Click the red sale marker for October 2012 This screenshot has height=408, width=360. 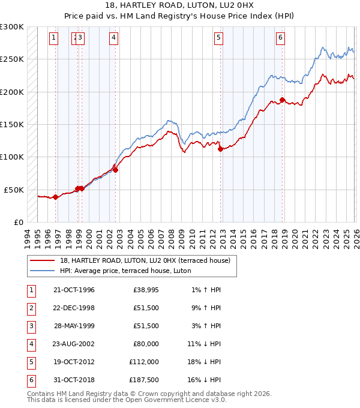tap(221, 149)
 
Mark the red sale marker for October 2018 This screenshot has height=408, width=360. tap(283, 100)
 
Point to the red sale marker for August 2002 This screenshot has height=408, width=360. tap(116, 170)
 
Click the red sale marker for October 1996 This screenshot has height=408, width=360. tap(56, 197)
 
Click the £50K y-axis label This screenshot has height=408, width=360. tap(14, 190)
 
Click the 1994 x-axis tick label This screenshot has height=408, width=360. tap(28, 236)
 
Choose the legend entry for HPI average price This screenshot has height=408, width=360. tap(125, 271)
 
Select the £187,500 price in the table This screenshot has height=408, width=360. tap(144, 380)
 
